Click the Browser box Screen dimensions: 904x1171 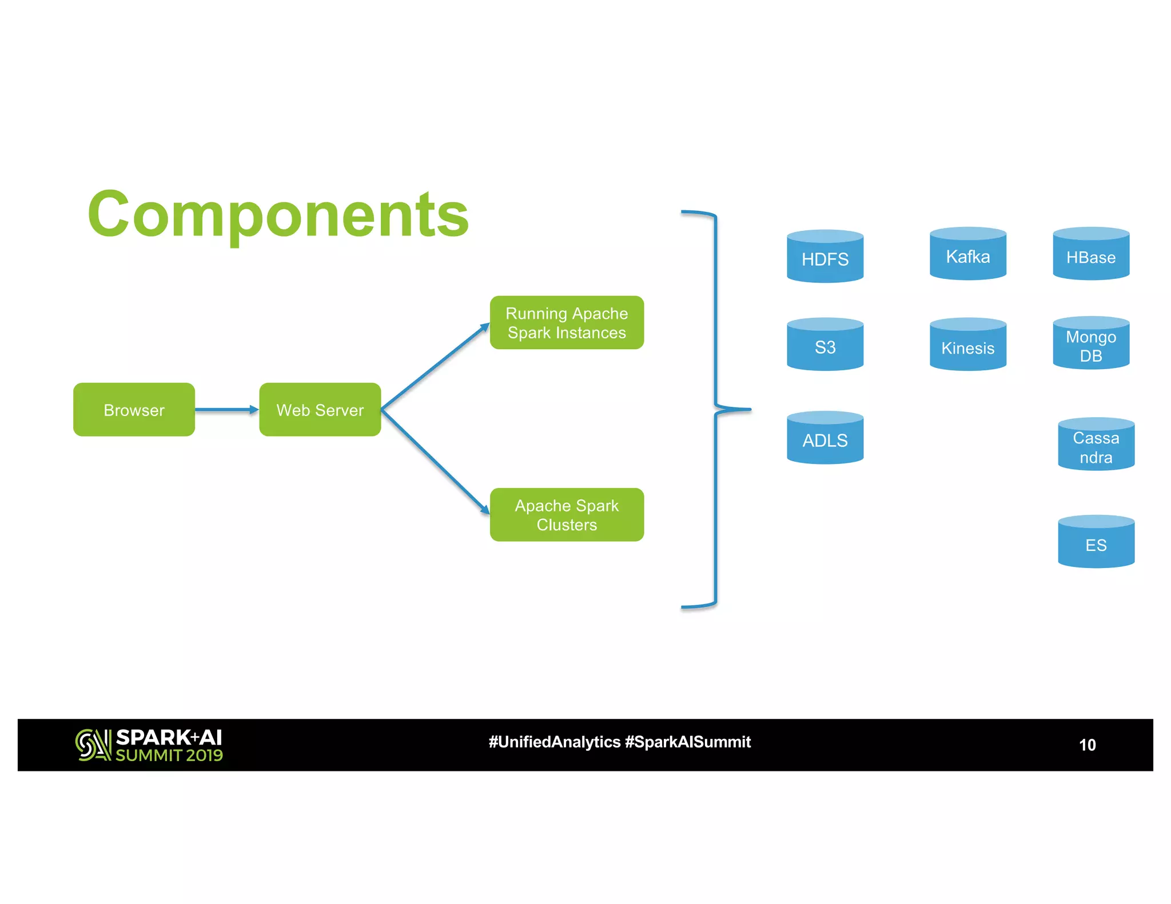pyautogui.click(x=134, y=410)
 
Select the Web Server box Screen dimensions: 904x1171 pyautogui.click(x=320, y=410)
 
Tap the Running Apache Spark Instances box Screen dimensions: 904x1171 pyautogui.click(x=567, y=323)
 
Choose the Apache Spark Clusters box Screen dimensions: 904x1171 pyautogui.click(x=567, y=515)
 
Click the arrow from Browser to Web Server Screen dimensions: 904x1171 pyautogui.click(x=226, y=410)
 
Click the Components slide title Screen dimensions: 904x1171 pyautogui.click(x=278, y=214)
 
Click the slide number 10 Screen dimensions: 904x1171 pyautogui.click(x=1087, y=745)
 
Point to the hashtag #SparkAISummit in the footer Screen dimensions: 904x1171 pyautogui.click(x=688, y=742)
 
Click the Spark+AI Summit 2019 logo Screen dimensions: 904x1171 pyautogui.click(x=149, y=745)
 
